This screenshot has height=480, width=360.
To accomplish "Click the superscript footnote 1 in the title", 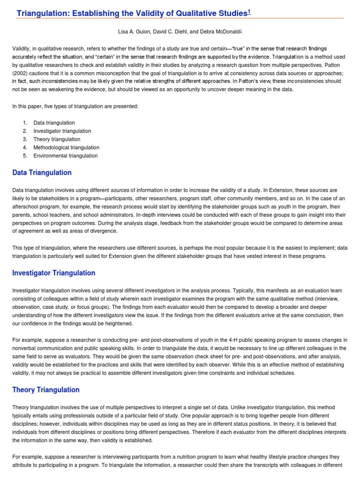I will (249, 11).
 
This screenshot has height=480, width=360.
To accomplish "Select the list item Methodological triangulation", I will (66, 148).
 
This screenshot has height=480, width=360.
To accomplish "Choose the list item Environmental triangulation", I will (65, 156).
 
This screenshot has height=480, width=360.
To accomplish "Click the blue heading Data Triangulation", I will (42, 172).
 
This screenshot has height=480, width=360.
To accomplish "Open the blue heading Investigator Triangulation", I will (53, 273).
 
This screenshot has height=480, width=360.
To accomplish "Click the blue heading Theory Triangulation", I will (46, 390).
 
